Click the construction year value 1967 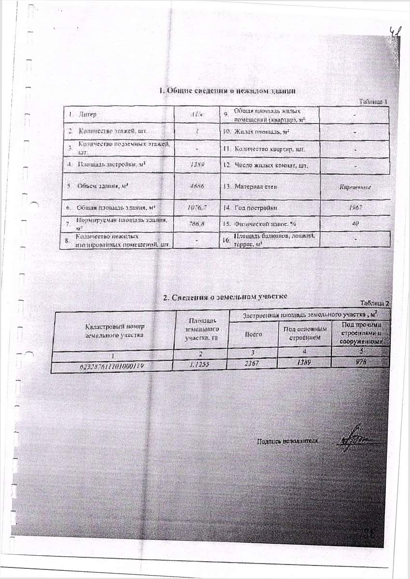(x=355, y=207)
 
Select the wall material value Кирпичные (x=355, y=186)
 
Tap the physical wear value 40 (x=355, y=223)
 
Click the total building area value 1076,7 (x=197, y=207)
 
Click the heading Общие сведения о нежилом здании (x=227, y=91)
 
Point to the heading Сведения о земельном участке (x=225, y=297)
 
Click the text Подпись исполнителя (x=287, y=441)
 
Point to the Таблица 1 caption (x=373, y=102)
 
